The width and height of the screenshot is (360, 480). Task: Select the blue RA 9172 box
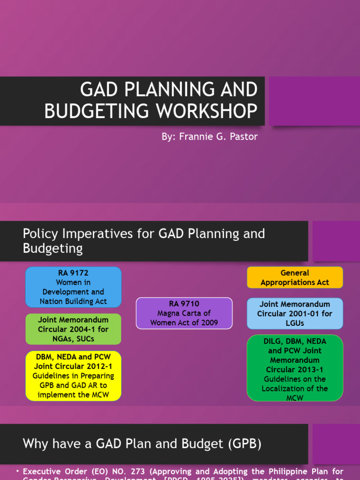point(73,287)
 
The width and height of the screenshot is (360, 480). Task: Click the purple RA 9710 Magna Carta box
point(184,313)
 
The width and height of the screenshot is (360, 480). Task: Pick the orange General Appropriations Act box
point(295,277)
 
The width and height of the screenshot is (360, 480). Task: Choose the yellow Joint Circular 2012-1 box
point(73,376)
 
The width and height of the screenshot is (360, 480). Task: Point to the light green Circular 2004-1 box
point(73,329)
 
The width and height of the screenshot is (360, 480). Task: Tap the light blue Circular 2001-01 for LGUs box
point(295,314)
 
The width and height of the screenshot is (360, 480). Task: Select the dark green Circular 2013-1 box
point(295,368)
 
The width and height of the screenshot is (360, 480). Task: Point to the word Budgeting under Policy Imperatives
point(53,248)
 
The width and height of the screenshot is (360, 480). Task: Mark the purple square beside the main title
point(314,101)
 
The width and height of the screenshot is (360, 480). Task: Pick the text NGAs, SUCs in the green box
point(73,338)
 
